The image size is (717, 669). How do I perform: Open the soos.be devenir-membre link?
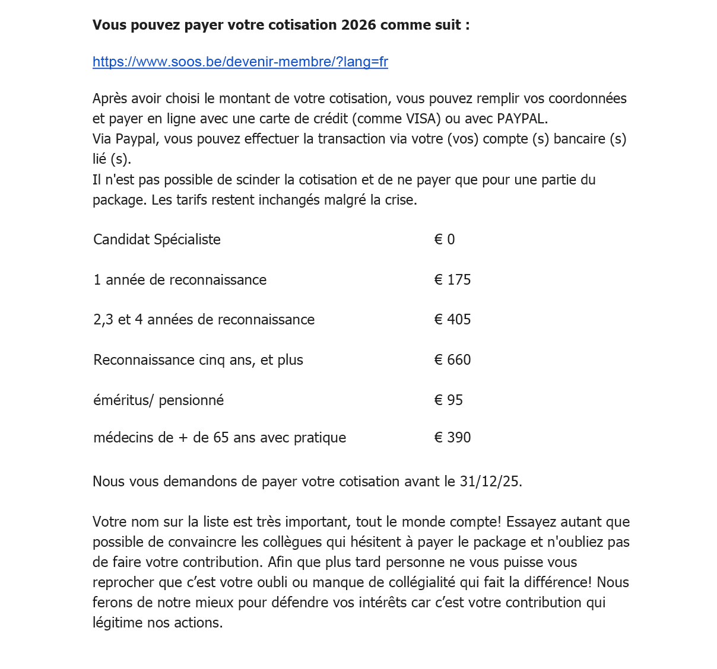(x=240, y=62)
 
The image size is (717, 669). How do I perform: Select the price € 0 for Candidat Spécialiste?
(x=445, y=240)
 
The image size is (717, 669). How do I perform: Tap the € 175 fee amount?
(x=452, y=280)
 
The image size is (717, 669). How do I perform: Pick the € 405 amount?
(x=452, y=320)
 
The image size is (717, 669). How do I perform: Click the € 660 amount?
(x=452, y=360)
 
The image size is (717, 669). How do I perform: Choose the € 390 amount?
(x=452, y=438)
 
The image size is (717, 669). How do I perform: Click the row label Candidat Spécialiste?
(x=157, y=240)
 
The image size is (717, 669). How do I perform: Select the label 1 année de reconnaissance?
(x=180, y=280)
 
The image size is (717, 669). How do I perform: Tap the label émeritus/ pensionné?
(x=158, y=400)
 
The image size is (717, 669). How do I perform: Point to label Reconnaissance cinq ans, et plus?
(x=198, y=360)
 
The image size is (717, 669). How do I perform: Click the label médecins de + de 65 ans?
(x=220, y=438)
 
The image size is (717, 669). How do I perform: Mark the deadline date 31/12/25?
(x=490, y=482)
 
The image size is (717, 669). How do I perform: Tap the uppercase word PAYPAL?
(x=521, y=119)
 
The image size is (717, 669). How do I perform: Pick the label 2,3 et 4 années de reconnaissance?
(x=204, y=320)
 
